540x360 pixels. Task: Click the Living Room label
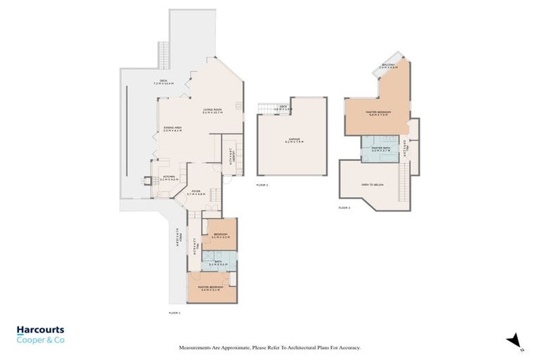(x=212, y=110)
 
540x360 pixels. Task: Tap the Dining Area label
(x=172, y=128)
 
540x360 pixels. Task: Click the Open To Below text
(x=372, y=185)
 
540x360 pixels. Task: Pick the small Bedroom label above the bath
(x=221, y=236)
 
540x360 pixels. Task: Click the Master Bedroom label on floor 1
(x=210, y=288)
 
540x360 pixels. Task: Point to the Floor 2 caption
(x=262, y=184)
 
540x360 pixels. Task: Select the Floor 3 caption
(x=344, y=208)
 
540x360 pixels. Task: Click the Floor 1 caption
(x=175, y=311)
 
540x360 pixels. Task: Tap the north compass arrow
(x=515, y=340)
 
